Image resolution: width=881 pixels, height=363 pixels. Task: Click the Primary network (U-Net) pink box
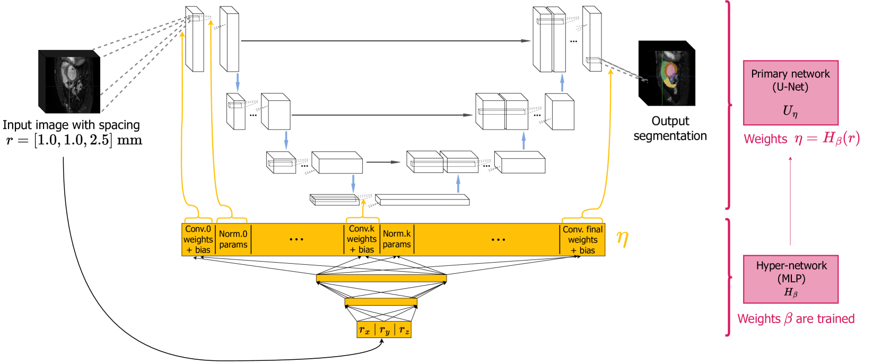[x=790, y=93]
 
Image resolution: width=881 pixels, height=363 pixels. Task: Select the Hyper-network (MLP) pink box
[x=790, y=279]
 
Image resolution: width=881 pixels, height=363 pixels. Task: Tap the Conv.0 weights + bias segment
[x=198, y=239]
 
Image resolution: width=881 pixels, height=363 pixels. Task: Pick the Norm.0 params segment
[x=233, y=239]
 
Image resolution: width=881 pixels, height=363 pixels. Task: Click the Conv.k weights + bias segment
[x=362, y=239]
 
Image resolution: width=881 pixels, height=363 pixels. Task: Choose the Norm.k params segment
[x=397, y=239]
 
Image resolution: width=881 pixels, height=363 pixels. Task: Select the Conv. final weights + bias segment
[x=582, y=239]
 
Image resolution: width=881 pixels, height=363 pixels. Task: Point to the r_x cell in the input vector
[x=365, y=330]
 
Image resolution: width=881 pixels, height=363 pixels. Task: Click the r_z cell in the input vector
[x=404, y=330]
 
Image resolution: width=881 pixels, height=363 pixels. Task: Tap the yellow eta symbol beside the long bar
[x=622, y=239]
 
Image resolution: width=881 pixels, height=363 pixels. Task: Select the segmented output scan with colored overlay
[x=671, y=77]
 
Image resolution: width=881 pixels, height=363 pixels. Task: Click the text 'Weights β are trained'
[x=796, y=319]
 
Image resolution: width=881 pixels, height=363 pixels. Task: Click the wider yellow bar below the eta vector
[x=381, y=278]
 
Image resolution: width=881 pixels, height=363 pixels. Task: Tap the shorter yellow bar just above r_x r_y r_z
[x=381, y=302]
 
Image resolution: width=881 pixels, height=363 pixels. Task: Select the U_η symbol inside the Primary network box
[x=790, y=111]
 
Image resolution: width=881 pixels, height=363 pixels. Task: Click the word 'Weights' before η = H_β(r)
[x=765, y=139]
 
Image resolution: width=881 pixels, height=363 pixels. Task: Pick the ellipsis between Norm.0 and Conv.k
[x=296, y=239]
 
